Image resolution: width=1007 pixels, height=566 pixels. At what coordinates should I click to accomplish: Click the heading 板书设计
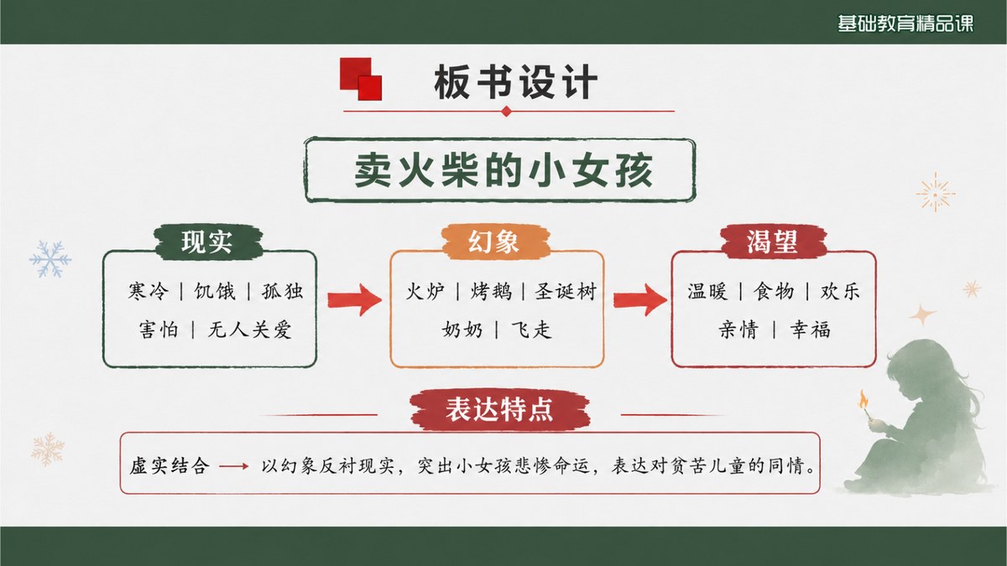pyautogui.click(x=515, y=82)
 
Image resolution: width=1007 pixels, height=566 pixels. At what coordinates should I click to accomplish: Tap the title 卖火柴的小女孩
pyautogui.click(x=503, y=170)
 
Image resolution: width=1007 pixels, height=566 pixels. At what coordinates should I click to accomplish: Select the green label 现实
pyautogui.click(x=207, y=241)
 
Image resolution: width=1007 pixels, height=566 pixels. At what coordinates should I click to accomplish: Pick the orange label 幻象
pyautogui.click(x=494, y=241)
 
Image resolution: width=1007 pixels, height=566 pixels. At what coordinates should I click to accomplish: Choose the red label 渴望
pyautogui.click(x=773, y=241)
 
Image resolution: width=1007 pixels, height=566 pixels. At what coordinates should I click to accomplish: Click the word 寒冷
pyautogui.click(x=149, y=291)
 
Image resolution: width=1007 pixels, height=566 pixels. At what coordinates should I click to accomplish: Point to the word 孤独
pyautogui.click(x=283, y=291)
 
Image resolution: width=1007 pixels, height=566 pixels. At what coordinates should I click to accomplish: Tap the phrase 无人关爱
pyautogui.click(x=250, y=330)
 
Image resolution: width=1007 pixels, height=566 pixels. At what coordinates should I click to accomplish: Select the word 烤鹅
pyautogui.click(x=492, y=291)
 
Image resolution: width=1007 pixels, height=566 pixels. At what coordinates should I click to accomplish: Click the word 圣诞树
pyautogui.click(x=566, y=291)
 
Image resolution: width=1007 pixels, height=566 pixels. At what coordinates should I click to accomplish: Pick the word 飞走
pyautogui.click(x=531, y=330)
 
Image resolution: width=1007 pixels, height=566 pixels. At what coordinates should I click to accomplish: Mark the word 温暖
pyautogui.click(x=707, y=291)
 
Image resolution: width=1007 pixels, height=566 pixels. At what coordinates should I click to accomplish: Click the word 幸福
pyautogui.click(x=810, y=330)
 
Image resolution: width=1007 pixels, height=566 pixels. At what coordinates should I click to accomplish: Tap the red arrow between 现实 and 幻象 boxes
pyautogui.click(x=354, y=299)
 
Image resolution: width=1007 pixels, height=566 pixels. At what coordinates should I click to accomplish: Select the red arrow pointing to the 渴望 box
pyautogui.click(x=640, y=299)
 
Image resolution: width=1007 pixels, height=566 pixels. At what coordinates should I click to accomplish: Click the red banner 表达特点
pyautogui.click(x=499, y=409)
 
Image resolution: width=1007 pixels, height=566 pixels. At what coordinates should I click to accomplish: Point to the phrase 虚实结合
pyautogui.click(x=170, y=466)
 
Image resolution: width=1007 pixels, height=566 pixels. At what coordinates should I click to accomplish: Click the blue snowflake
pyautogui.click(x=50, y=259)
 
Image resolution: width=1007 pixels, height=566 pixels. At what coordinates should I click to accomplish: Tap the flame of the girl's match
pyautogui.click(x=864, y=399)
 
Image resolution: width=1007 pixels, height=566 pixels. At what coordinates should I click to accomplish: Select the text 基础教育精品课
pyautogui.click(x=905, y=23)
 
